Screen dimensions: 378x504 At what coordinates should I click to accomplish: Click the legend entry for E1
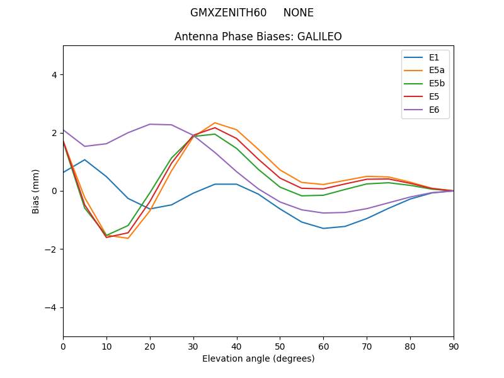pyautogui.click(x=434, y=57)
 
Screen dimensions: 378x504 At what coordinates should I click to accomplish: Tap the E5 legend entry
pyautogui.click(x=434, y=97)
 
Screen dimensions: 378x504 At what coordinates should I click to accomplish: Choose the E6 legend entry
pyautogui.click(x=434, y=110)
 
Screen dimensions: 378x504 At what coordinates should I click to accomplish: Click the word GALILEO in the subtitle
pyautogui.click(x=318, y=37)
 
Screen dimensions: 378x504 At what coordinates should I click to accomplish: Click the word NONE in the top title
pyautogui.click(x=298, y=13)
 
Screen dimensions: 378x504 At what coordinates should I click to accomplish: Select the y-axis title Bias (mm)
pyautogui.click(x=36, y=191)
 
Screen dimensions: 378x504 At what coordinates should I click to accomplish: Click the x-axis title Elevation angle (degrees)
pyautogui.click(x=258, y=358)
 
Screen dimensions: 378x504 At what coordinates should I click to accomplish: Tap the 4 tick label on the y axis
pyautogui.click(x=54, y=74)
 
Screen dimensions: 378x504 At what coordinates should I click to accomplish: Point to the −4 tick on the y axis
pyautogui.click(x=52, y=307)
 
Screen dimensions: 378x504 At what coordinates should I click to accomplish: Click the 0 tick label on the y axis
pyautogui.click(x=54, y=191)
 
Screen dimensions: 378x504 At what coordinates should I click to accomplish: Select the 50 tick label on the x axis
pyautogui.click(x=280, y=346)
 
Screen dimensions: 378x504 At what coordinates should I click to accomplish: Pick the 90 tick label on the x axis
pyautogui.click(x=454, y=346)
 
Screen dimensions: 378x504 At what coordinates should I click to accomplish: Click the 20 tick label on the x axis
pyautogui.click(x=150, y=346)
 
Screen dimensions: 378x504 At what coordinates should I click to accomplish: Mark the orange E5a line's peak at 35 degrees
pyautogui.click(x=215, y=123)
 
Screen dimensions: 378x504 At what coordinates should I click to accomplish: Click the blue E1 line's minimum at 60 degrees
pyautogui.click(x=323, y=228)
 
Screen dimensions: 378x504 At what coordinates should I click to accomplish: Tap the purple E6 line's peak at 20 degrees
pyautogui.click(x=150, y=124)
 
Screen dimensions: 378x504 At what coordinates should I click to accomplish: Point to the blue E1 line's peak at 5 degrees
pyautogui.click(x=84, y=159)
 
